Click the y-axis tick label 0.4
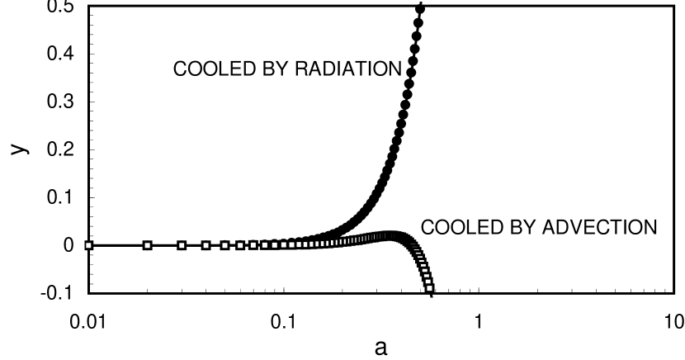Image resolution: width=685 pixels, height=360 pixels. point(59,54)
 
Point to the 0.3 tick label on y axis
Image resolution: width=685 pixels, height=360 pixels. point(59,102)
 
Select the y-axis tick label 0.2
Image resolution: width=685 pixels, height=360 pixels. point(59,150)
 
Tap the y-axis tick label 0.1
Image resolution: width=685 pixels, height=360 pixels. point(59,198)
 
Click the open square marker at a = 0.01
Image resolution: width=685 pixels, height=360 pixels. point(89,245)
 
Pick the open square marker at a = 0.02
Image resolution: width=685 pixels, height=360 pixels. point(148,245)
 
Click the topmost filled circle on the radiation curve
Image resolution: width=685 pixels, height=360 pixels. point(420,9)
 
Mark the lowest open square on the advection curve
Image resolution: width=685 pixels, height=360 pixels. point(429,287)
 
